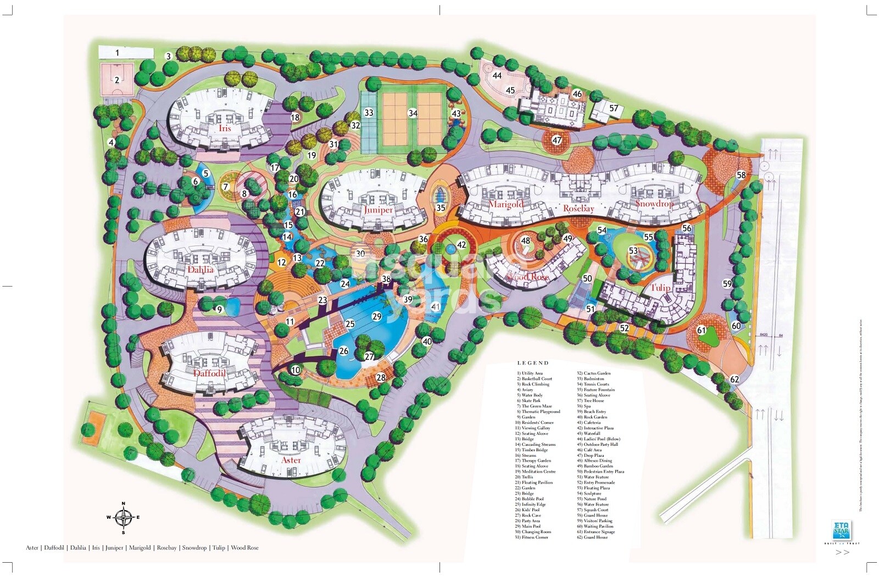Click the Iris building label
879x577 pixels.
coord(225,128)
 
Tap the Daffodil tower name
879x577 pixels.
coord(209,372)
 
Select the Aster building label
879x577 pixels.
coord(291,460)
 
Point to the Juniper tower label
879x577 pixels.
coord(378,209)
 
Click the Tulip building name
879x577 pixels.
coord(660,287)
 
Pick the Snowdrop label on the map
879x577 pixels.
coord(654,203)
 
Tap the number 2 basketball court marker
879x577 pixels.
coord(117,80)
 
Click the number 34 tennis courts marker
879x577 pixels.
coord(413,113)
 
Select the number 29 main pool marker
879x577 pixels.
coord(376,316)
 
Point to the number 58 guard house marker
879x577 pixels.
coord(741,175)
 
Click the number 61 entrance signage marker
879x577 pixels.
coord(701,330)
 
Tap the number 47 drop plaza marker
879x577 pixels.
coord(557,140)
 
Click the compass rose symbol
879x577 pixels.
coord(124,517)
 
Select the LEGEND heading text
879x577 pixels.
coord(532,363)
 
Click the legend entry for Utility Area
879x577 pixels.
coord(530,373)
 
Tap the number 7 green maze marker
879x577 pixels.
coord(225,187)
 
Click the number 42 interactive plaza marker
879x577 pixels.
coord(461,245)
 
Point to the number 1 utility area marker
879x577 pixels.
coord(117,53)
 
